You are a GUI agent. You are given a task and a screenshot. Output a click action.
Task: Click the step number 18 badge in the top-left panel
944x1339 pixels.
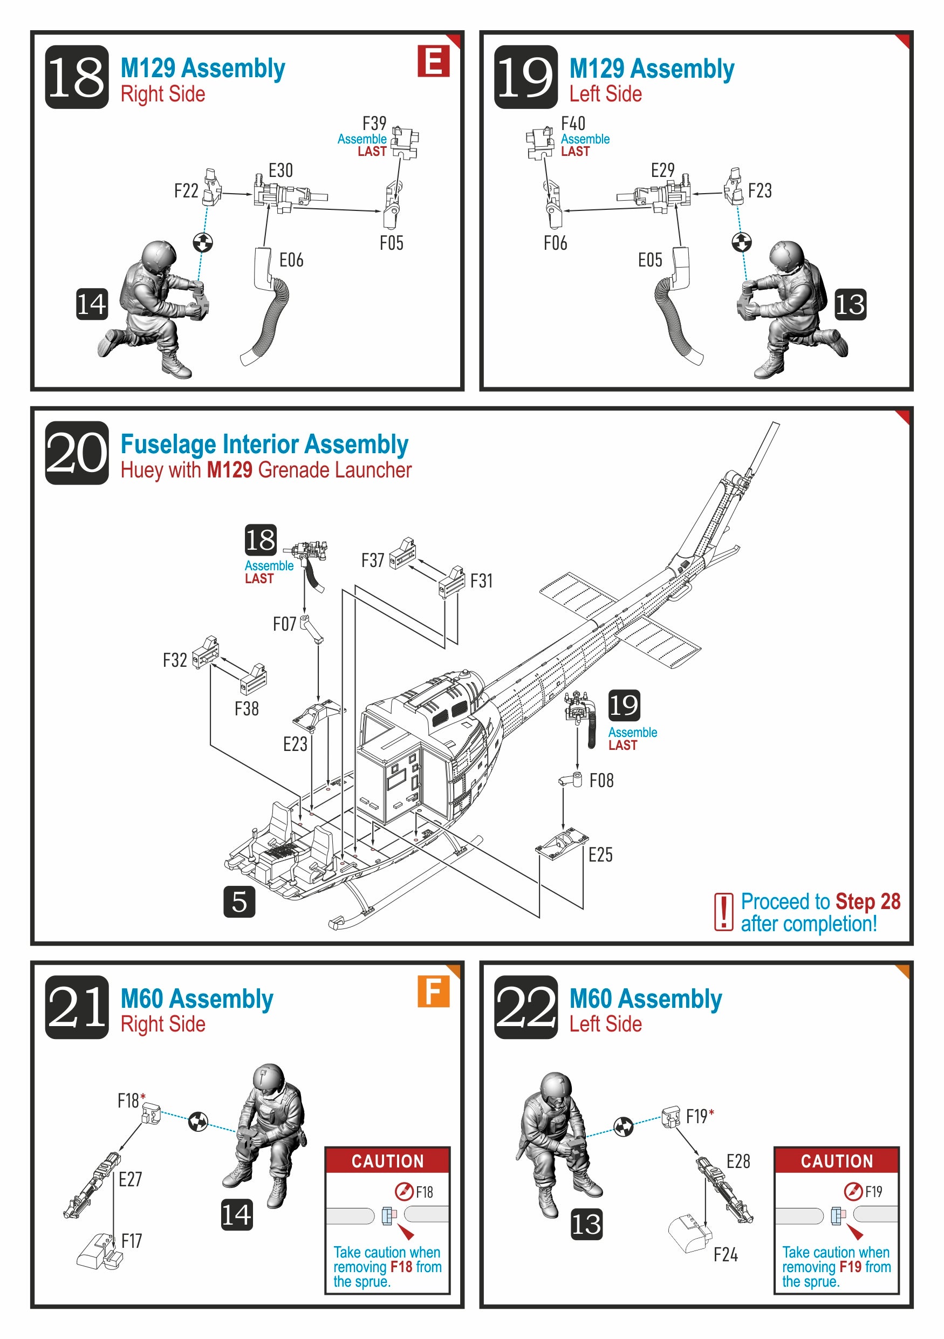pos(77,77)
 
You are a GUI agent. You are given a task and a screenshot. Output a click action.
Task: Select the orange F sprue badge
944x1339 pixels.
pos(433,991)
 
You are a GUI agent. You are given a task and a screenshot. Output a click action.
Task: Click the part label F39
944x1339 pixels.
pos(374,124)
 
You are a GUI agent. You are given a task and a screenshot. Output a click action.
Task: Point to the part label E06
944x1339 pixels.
pos(291,260)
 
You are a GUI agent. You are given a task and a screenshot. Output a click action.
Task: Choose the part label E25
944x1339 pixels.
pos(600,855)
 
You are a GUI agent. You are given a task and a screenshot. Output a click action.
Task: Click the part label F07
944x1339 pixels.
pos(284,624)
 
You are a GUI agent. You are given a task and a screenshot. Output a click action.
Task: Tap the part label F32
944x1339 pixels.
pos(174,660)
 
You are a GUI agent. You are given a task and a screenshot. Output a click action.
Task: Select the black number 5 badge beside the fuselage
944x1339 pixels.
pos(239,901)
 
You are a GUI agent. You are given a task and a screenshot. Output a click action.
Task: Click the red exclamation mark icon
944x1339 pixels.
pos(723,912)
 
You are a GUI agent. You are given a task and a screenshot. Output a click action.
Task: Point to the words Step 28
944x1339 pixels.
pos(867,901)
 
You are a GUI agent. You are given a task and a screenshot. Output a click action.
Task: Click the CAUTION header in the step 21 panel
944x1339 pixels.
pos(388,1160)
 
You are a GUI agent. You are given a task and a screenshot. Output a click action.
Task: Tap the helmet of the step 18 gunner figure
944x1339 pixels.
pos(158,255)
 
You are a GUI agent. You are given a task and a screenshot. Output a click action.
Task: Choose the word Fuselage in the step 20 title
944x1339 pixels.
pos(168,445)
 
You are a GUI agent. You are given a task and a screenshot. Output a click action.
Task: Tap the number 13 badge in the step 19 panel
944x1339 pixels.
pos(850,304)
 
